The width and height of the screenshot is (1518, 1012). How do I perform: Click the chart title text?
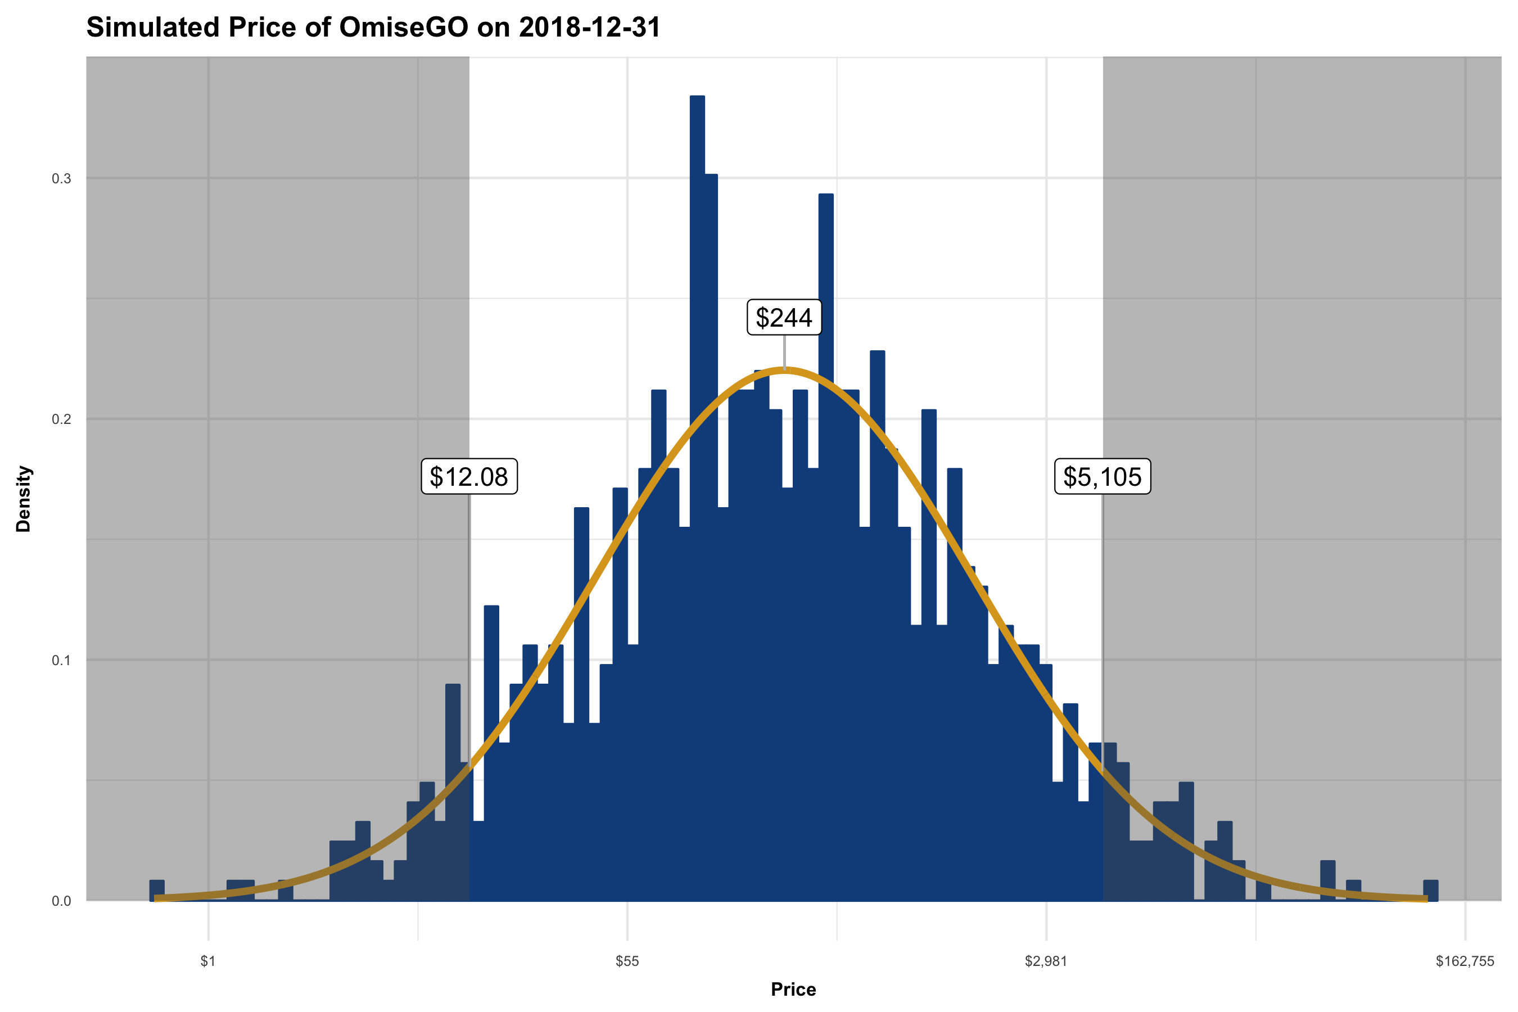373,28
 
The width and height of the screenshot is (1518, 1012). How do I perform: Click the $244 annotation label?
784,318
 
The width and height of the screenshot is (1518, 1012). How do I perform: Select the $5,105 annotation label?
1102,477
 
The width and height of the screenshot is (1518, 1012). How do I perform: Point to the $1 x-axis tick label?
208,961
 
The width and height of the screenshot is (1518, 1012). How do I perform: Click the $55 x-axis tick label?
627,961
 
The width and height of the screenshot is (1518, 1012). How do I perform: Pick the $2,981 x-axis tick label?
1046,961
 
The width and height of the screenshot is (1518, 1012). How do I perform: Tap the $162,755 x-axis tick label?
1465,961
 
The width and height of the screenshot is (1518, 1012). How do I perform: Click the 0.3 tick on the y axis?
61,179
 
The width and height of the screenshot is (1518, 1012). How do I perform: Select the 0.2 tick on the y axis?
61,419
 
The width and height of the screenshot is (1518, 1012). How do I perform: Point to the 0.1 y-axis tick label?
61,660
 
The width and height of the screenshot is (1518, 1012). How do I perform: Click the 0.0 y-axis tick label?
61,901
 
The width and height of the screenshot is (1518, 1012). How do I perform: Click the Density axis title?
24,498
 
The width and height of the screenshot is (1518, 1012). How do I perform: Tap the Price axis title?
793,990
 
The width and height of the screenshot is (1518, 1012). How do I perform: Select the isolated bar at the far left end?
157,891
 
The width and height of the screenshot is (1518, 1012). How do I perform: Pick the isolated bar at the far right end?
1430,891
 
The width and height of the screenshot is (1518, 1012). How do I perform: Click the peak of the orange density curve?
784,370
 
